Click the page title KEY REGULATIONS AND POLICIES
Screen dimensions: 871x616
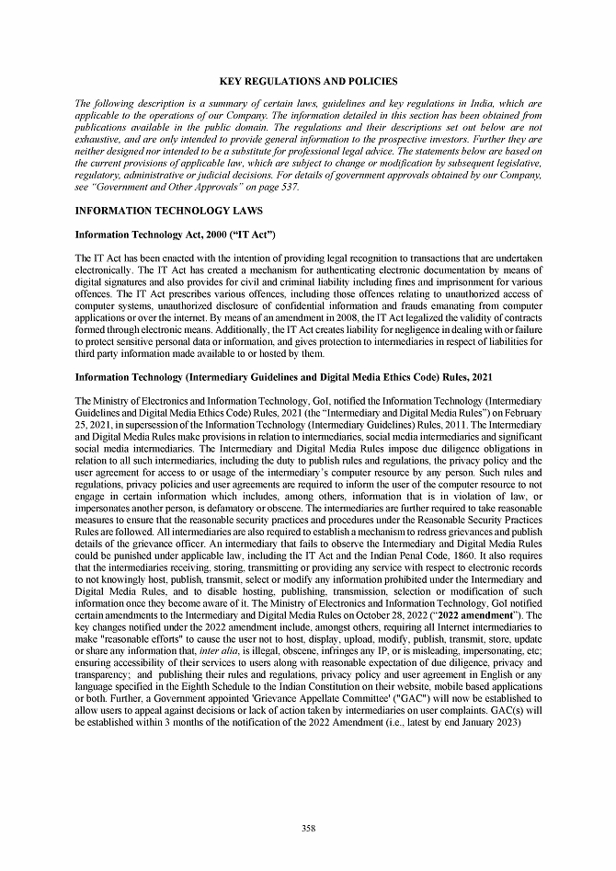coord(308,82)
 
